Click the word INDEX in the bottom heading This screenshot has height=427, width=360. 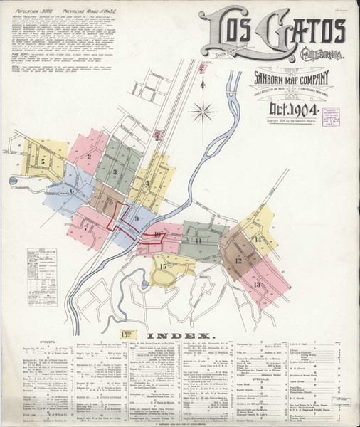tap(180, 335)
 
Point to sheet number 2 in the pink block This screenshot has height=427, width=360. tap(89, 156)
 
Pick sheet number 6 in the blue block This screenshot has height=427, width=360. tap(71, 191)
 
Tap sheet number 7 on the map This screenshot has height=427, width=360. tap(86, 226)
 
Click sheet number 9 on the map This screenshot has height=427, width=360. tap(135, 218)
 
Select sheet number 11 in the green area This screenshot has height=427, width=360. tap(199, 241)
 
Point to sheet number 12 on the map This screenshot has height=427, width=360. tap(238, 260)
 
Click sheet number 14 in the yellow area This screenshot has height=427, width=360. tap(258, 238)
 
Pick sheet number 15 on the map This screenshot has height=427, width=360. tap(163, 266)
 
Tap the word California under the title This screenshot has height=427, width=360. tap(307, 55)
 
